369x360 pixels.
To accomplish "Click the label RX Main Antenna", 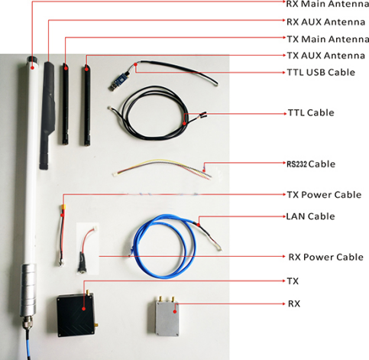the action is (x=328, y=4).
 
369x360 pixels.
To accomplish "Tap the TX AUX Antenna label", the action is (x=326, y=56).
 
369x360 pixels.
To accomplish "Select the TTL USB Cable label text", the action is (x=321, y=73).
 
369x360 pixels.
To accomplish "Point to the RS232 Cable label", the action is (x=311, y=164).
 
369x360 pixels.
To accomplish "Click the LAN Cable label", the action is (x=310, y=216).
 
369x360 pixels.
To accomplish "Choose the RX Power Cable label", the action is (x=325, y=257).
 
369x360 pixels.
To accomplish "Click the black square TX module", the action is (x=76, y=315).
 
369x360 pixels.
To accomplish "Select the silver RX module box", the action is (x=167, y=319).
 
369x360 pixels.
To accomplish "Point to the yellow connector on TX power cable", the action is (x=63, y=206).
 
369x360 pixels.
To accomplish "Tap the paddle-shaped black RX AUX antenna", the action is (x=48, y=115).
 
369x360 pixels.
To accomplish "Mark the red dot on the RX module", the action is (x=175, y=311).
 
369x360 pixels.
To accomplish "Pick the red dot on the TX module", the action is (x=83, y=309).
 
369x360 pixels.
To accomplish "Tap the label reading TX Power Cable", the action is (x=324, y=195).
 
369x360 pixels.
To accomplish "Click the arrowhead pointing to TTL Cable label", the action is (x=285, y=114).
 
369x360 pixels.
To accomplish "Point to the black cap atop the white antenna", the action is (x=32, y=60).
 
